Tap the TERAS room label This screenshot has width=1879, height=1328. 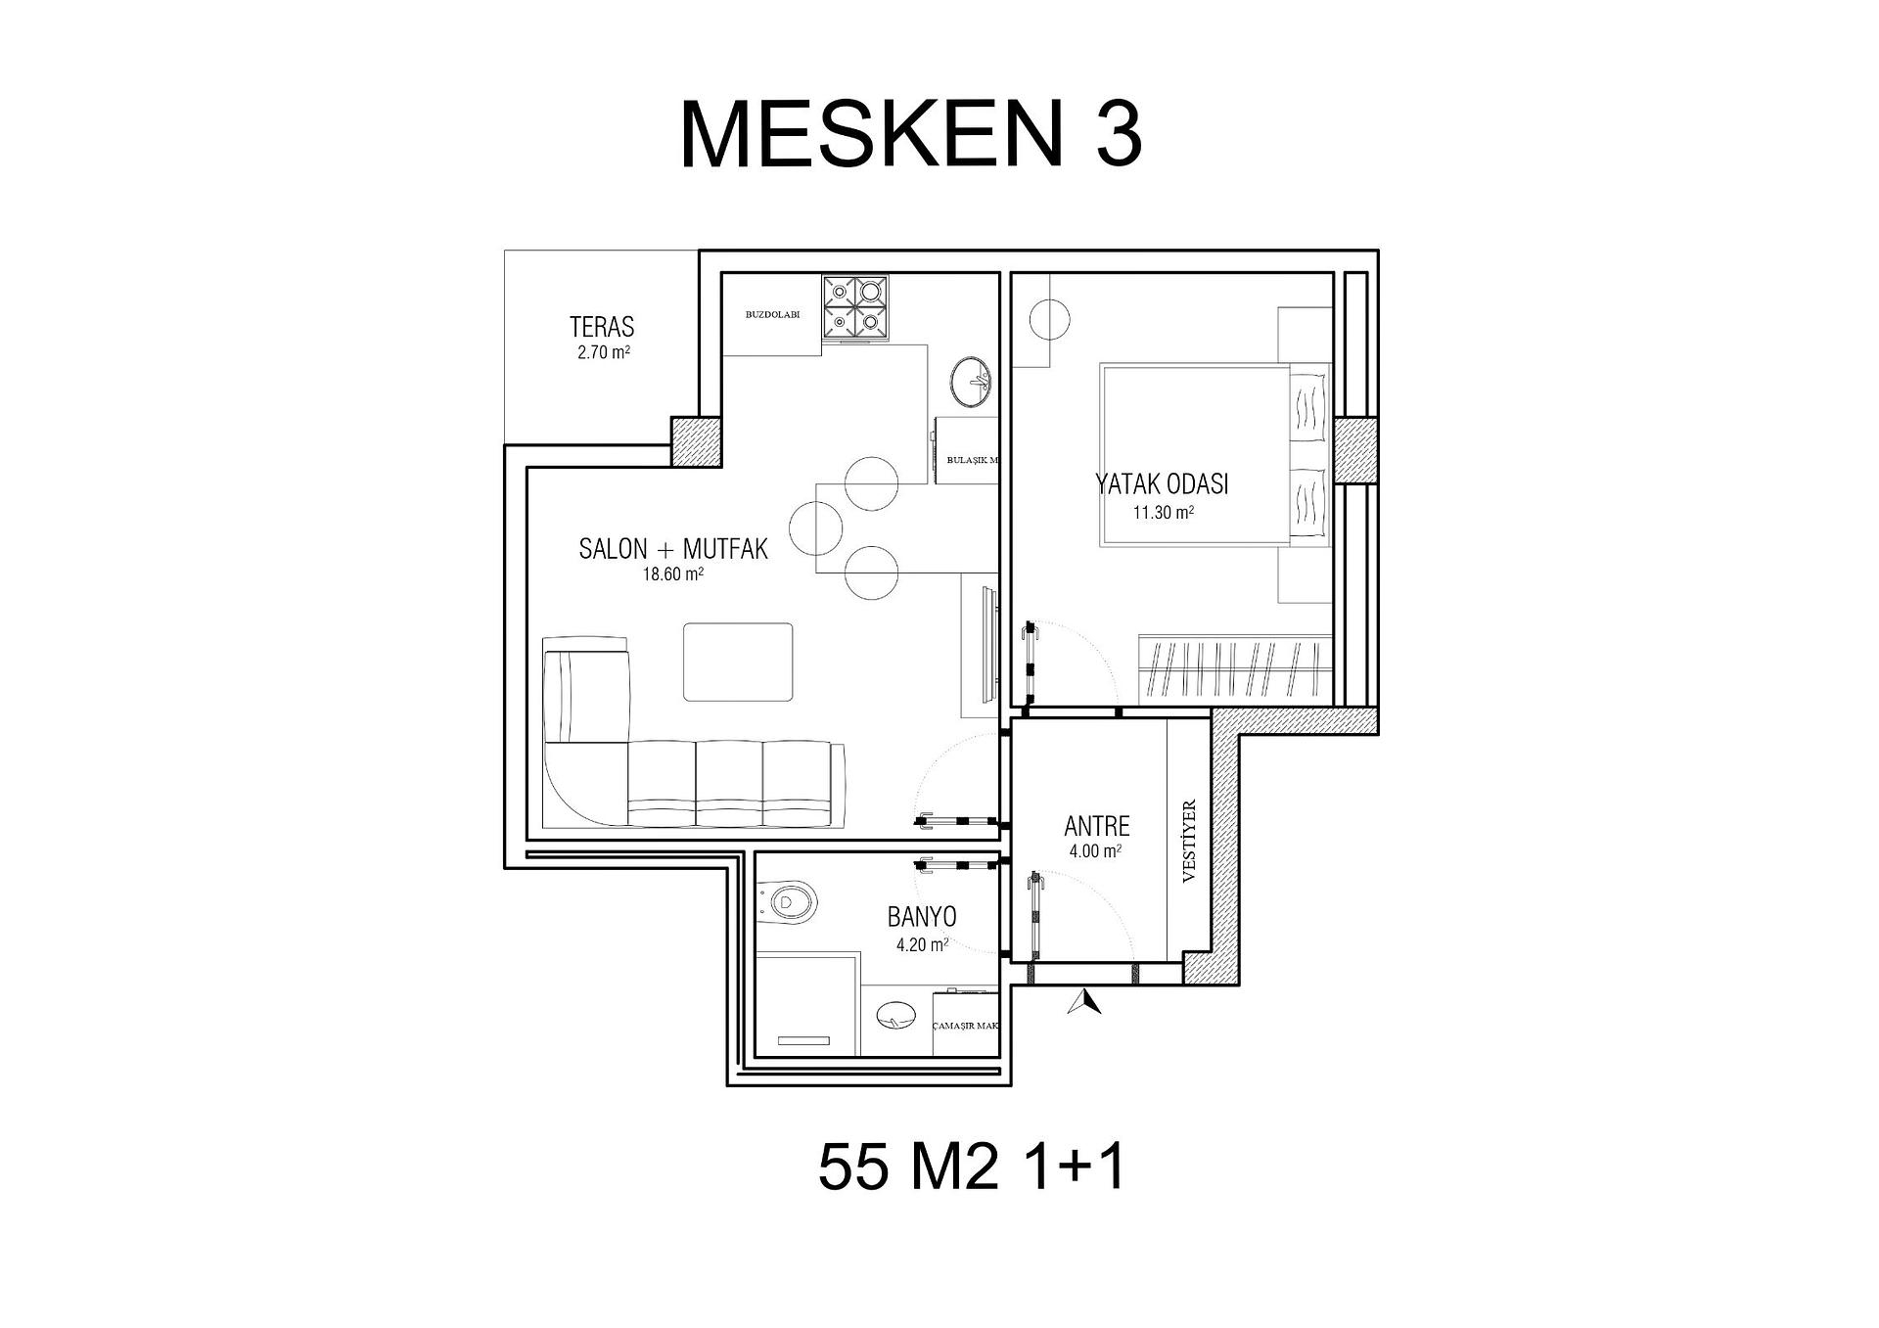coord(602,327)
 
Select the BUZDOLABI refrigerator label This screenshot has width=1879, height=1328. coord(773,315)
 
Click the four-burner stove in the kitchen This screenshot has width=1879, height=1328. coord(856,307)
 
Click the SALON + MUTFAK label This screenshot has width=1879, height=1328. coord(673,549)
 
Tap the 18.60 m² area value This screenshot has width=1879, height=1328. coord(673,575)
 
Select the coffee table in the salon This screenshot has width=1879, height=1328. coord(738,662)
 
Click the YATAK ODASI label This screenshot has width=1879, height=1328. coord(1162,484)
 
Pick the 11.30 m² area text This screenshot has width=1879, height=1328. coord(1164,512)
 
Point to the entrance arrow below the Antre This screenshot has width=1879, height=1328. coord(1085,1002)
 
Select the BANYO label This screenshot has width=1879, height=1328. coord(922,917)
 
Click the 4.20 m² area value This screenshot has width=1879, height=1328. coord(922,945)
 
